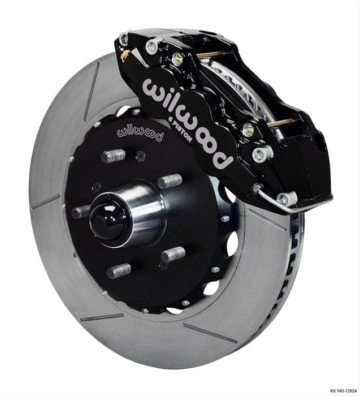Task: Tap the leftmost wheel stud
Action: coord(81,212)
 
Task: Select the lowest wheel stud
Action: coord(119,271)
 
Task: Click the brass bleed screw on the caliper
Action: coord(126,55)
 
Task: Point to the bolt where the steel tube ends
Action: coord(287,199)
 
